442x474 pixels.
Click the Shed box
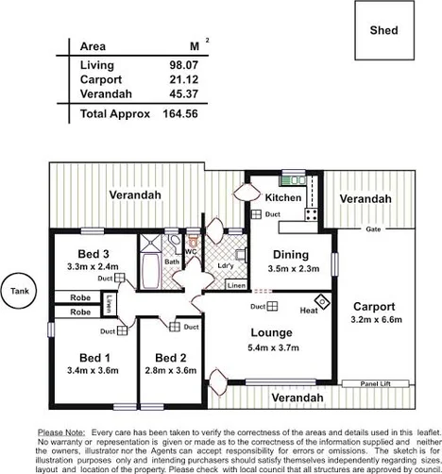[x=383, y=31]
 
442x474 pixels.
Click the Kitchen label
[x=282, y=198]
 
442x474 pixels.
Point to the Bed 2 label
[x=171, y=358]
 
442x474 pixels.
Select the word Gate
[x=373, y=229]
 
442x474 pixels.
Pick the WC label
[x=190, y=252]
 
